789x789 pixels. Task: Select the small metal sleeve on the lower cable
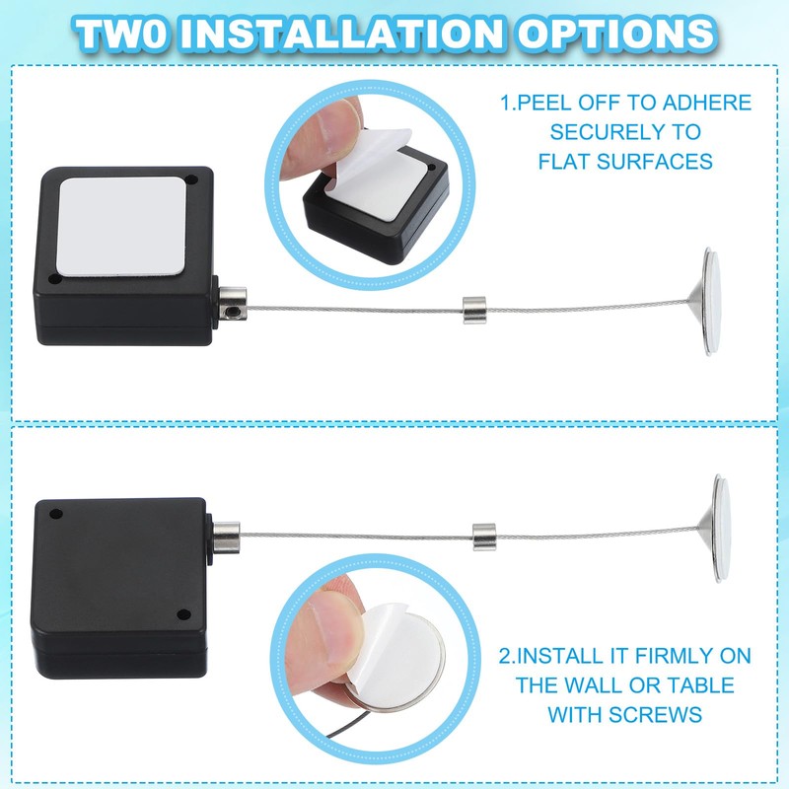click(x=482, y=538)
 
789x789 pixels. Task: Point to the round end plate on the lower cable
click(x=723, y=528)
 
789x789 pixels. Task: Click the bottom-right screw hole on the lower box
click(x=184, y=615)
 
